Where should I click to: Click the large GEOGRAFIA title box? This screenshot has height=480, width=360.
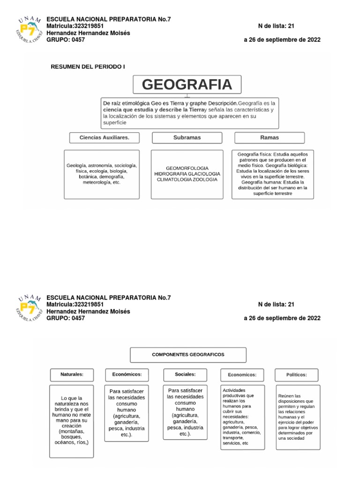[187, 85]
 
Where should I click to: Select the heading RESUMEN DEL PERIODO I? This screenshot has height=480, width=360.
[88, 67]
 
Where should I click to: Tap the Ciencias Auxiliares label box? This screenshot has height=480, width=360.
[104, 137]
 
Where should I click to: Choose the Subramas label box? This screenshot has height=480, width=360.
[187, 137]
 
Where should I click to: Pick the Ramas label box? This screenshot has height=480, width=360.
[269, 137]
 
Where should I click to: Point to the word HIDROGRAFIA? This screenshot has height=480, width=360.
[170, 173]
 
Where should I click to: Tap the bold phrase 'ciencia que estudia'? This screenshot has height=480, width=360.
[126, 109]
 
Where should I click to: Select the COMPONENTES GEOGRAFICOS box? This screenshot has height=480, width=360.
[188, 355]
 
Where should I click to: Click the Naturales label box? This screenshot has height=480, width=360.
[72, 375]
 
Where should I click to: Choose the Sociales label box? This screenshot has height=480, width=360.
[185, 375]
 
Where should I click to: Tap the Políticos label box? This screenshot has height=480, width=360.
[296, 375]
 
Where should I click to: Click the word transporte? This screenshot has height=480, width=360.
[234, 438]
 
